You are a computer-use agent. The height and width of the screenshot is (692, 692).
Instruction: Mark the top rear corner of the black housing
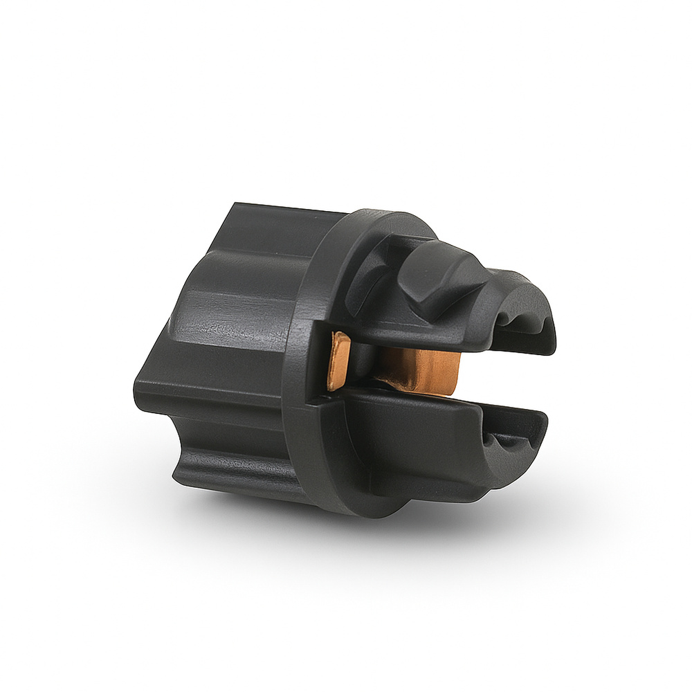[x=235, y=205]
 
